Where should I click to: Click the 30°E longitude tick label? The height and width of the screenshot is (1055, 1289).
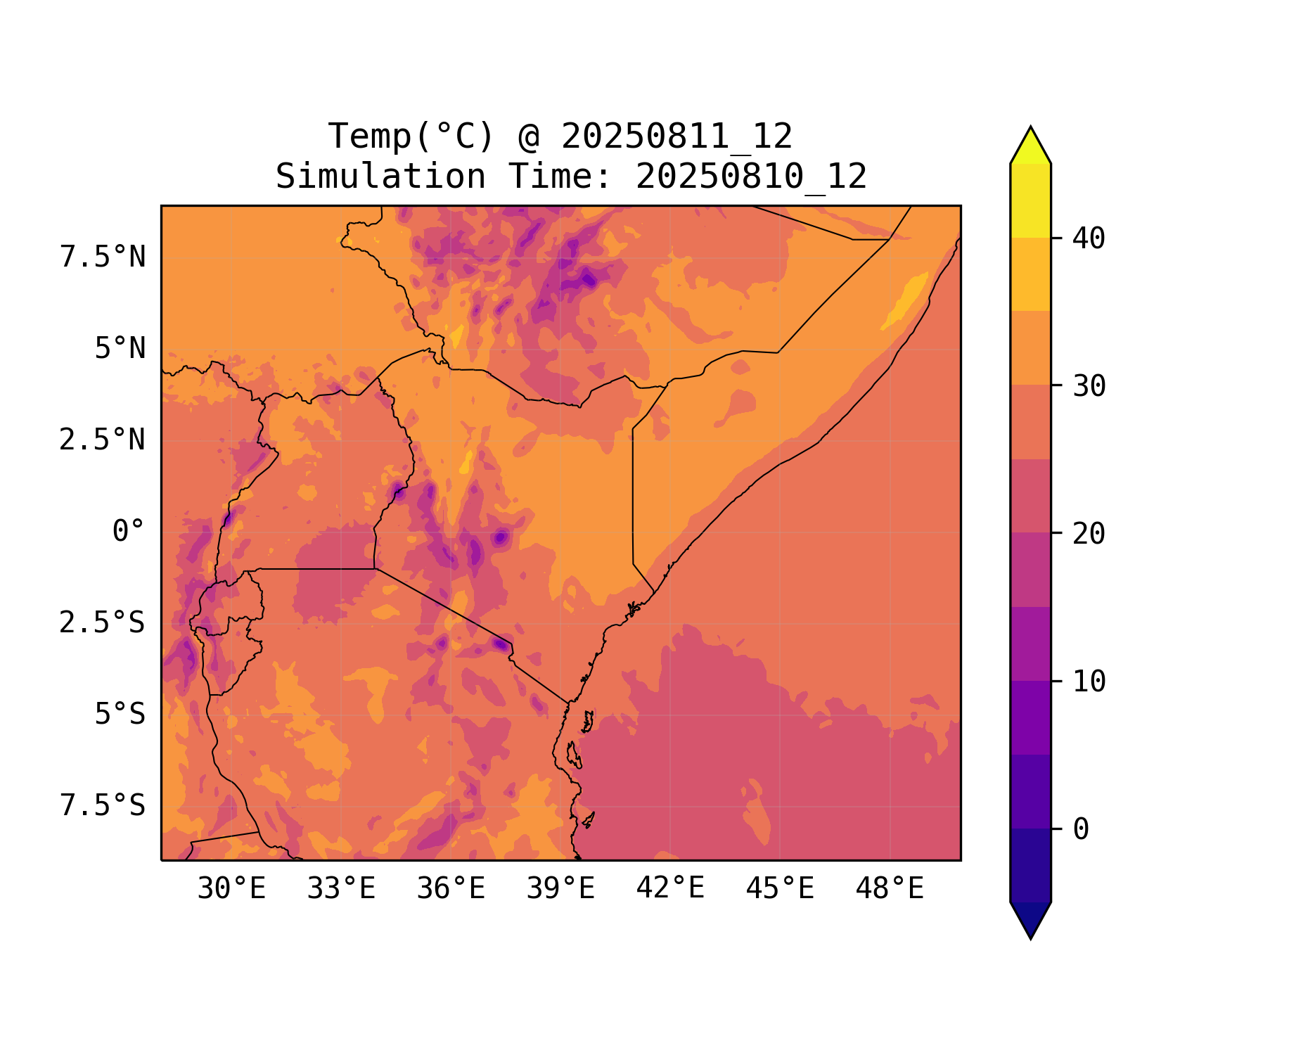coord(231,889)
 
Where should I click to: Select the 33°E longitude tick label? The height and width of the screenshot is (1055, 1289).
coord(341,889)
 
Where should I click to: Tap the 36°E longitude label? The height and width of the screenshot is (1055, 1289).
coord(451,889)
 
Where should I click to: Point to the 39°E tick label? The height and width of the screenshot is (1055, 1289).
coord(560,889)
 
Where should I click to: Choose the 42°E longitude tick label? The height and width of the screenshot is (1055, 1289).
coord(670,889)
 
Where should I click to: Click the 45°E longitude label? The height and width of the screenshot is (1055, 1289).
coord(780,889)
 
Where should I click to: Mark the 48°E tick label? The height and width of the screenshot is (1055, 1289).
coord(890,889)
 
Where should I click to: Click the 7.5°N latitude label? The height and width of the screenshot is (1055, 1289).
coord(103,257)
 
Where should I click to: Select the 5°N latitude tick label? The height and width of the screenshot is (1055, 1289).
coord(120,349)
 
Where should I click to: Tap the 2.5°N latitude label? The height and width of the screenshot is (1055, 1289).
coord(103,440)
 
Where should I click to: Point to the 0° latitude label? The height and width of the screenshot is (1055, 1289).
coord(129,532)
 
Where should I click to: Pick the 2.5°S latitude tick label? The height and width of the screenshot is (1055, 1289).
coord(103,623)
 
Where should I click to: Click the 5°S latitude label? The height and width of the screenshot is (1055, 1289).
coord(120,715)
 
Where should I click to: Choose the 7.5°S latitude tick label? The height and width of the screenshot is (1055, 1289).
coord(103,806)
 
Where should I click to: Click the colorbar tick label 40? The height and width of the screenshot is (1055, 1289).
coord(1089,239)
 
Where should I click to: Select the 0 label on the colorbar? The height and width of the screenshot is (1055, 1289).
coord(1081,830)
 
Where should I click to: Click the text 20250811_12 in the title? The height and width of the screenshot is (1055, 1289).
coord(676,136)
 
